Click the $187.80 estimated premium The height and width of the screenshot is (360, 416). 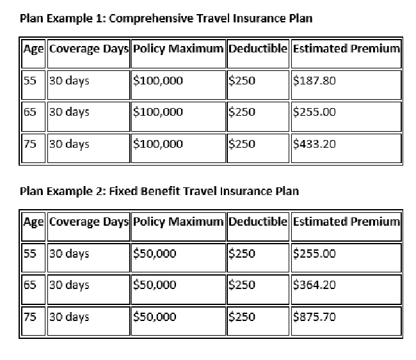[314, 81]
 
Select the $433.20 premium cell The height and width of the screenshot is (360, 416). [314, 144]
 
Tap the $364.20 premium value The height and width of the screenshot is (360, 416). [314, 285]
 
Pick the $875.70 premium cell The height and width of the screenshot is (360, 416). [314, 317]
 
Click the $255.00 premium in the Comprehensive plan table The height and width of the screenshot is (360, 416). [314, 113]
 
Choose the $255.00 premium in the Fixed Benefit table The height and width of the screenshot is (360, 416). [314, 254]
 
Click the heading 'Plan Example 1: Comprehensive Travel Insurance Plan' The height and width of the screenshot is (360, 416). [166, 18]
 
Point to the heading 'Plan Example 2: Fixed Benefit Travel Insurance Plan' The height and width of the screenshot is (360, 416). [159, 191]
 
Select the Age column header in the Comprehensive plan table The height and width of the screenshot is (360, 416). [33, 49]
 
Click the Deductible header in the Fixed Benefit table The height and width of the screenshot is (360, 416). [258, 222]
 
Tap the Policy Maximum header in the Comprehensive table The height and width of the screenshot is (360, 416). [178, 49]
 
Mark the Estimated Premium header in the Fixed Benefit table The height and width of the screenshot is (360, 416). [346, 222]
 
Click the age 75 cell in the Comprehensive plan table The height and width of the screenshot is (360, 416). [29, 144]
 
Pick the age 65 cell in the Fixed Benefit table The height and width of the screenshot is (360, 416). [29, 285]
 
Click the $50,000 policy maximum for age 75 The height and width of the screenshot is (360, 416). [154, 317]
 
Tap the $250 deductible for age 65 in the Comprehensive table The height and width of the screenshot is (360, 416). [242, 113]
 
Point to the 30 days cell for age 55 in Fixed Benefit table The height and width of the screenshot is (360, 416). [69, 254]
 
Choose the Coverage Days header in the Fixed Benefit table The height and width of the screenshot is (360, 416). [88, 222]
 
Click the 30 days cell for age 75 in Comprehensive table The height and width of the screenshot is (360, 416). [69, 144]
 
